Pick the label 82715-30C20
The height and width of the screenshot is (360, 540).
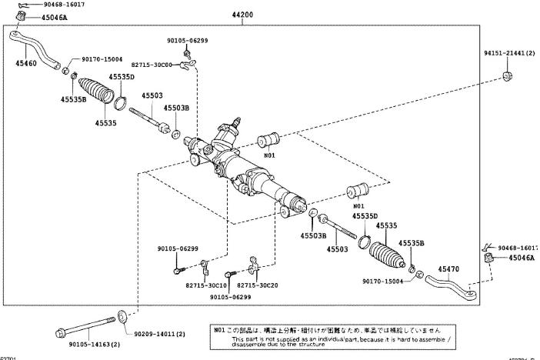[257, 285]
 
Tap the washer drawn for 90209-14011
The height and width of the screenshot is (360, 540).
[123, 316]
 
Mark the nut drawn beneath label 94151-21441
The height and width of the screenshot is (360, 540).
[508, 75]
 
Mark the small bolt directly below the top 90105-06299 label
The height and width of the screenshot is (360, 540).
[187, 54]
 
